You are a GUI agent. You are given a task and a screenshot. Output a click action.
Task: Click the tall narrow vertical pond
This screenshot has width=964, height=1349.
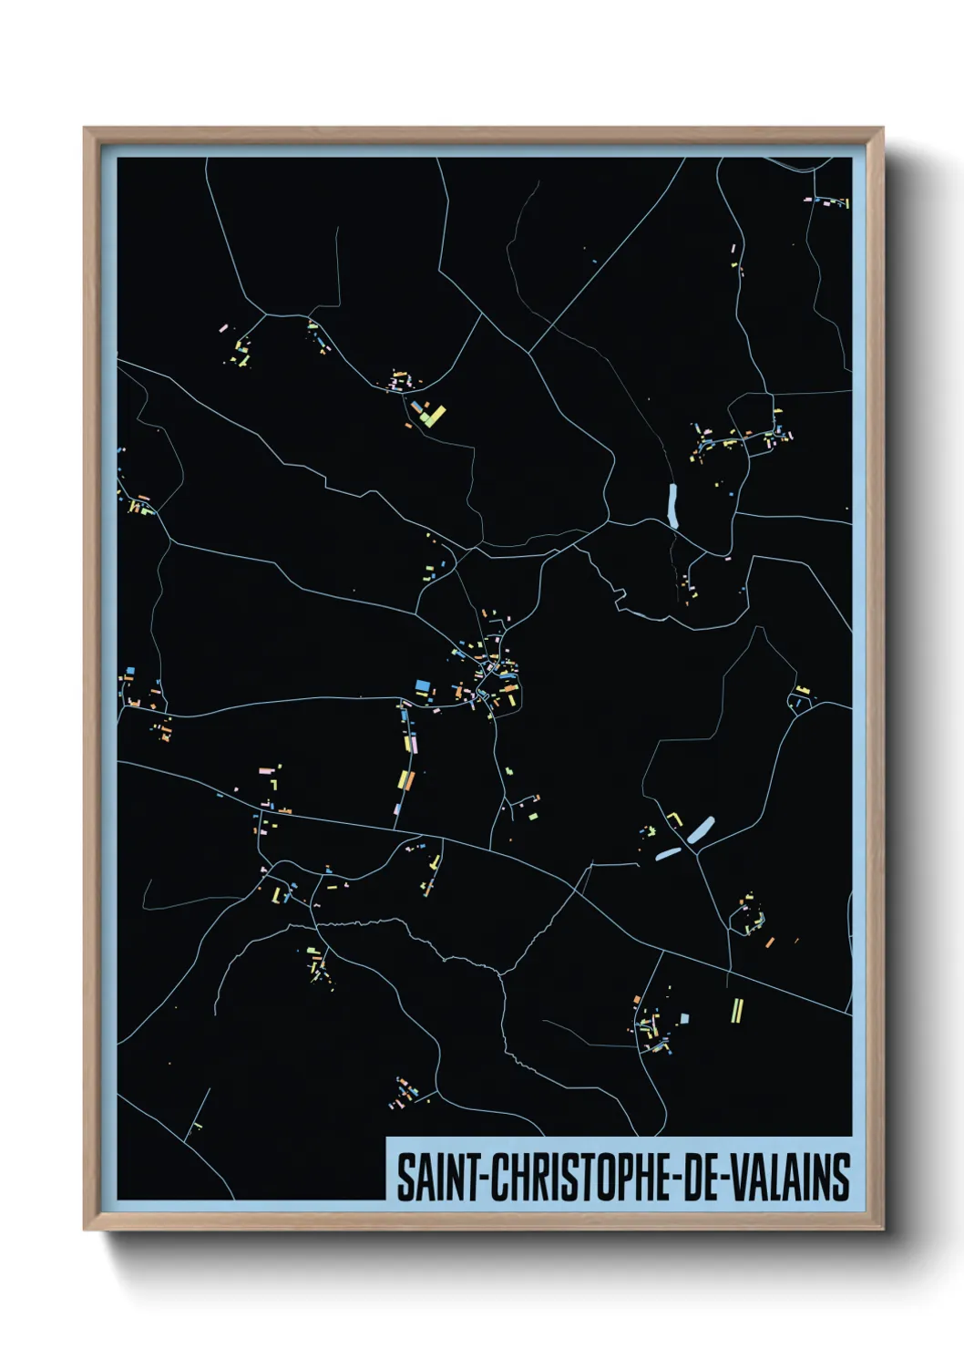tap(673, 506)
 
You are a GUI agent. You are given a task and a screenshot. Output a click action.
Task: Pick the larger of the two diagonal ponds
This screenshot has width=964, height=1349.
tap(702, 829)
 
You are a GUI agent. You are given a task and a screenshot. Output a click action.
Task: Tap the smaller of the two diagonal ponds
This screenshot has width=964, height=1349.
tap(668, 854)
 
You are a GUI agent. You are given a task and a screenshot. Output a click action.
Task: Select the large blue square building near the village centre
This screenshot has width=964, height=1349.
tap(422, 685)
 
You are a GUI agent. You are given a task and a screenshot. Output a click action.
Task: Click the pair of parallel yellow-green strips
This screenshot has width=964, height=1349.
tap(737, 1009)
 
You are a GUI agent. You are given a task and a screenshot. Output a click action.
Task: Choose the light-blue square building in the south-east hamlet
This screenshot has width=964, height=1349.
tap(684, 1018)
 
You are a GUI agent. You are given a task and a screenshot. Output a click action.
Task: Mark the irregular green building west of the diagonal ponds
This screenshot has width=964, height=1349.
tap(650, 831)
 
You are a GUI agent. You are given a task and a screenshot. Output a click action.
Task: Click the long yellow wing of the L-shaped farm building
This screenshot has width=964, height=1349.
tap(436, 416)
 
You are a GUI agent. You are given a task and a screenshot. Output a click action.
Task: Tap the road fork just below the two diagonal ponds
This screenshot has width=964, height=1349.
tap(696, 853)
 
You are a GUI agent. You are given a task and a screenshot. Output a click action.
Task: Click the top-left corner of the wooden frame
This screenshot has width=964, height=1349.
tap(86, 129)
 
